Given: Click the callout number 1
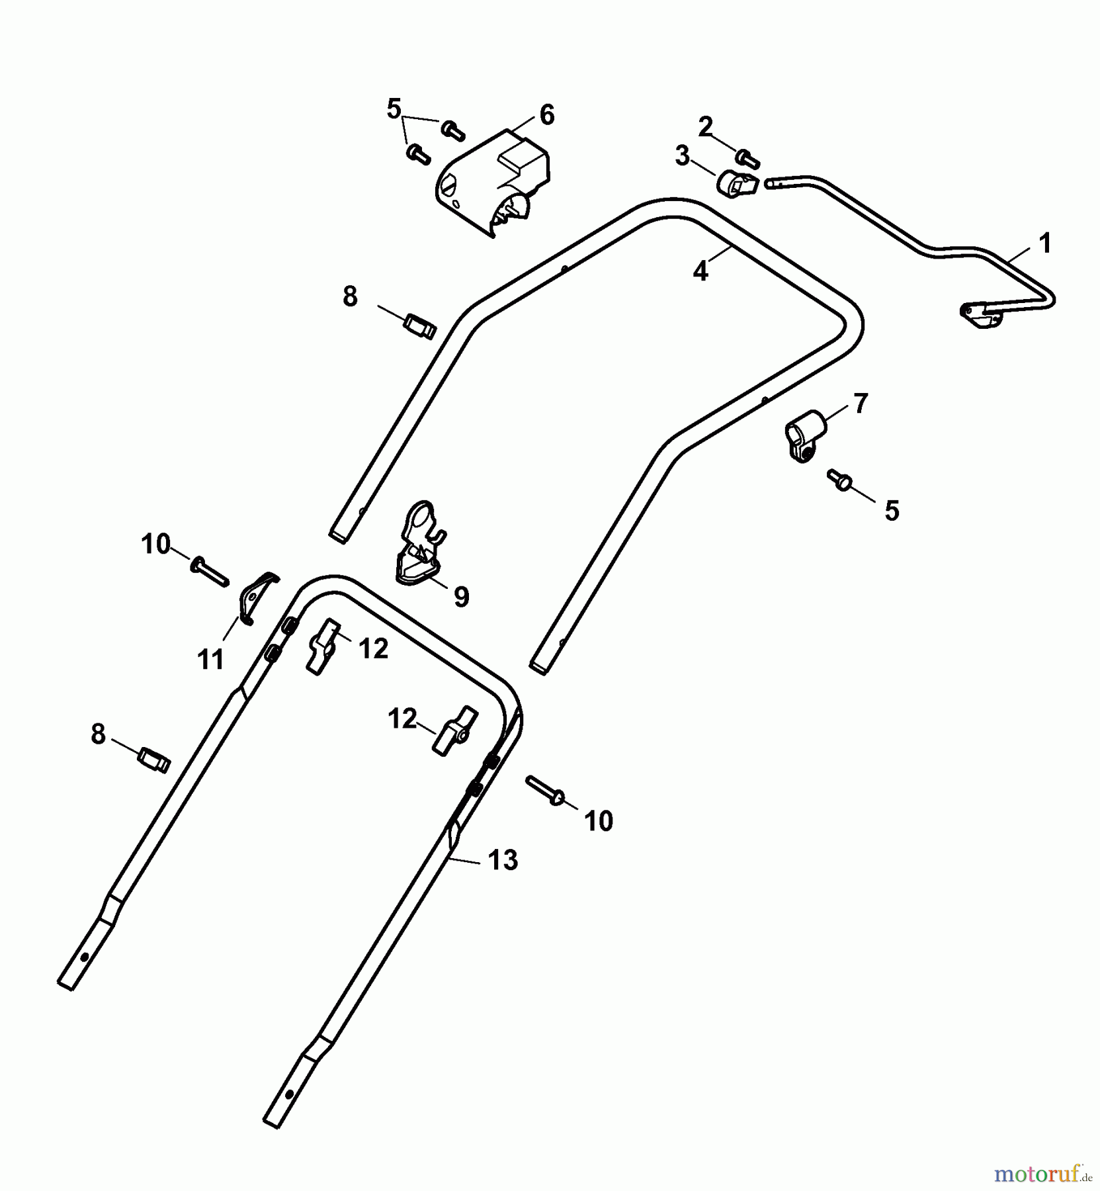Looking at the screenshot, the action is click(1044, 244).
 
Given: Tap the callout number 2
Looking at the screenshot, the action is click(706, 126).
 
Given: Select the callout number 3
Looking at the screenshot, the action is click(682, 156).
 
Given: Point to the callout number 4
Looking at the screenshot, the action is click(700, 271).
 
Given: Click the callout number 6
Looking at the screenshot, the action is click(546, 115).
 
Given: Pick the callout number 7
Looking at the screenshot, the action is click(860, 403).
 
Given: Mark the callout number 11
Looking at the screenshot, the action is click(211, 660).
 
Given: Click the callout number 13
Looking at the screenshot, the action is click(503, 860).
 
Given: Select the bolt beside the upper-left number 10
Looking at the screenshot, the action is click(209, 572).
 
